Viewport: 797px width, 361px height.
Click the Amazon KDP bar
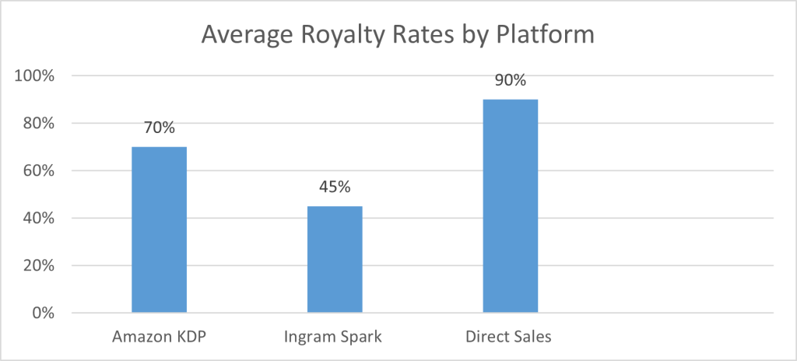pyautogui.click(x=159, y=230)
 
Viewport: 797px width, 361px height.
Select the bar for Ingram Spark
pyautogui.click(x=335, y=259)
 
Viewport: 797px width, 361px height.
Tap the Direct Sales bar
pyautogui.click(x=510, y=206)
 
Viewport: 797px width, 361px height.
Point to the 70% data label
pyautogui.click(x=160, y=128)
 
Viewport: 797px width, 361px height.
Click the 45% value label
pyautogui.click(x=335, y=188)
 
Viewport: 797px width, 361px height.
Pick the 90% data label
pyautogui.click(x=510, y=81)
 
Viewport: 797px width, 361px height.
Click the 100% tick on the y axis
pyautogui.click(x=36, y=76)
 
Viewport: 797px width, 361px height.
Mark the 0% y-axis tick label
pyautogui.click(x=43, y=314)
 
